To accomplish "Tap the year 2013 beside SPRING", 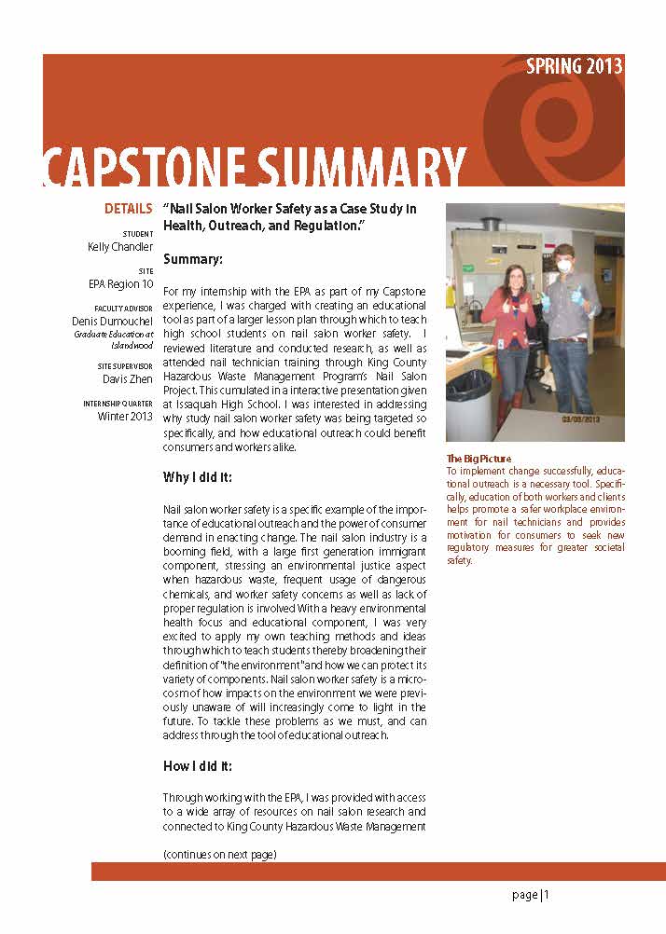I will [605, 66].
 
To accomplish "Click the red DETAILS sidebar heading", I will [129, 209].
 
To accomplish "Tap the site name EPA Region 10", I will [121, 284].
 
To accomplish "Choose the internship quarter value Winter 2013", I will [126, 416].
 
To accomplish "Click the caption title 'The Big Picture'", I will [479, 459].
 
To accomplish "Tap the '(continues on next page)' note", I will [220, 855].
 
